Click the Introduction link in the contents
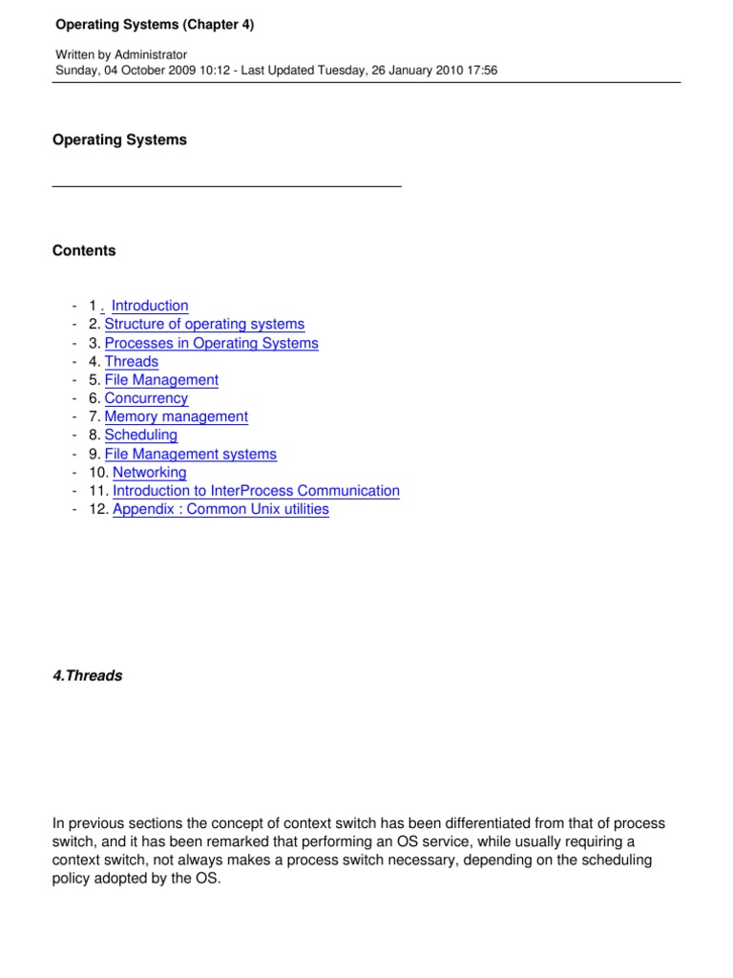click(150, 306)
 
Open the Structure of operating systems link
click(204, 325)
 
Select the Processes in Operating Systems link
click(211, 343)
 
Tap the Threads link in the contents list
click(132, 361)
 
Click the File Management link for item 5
click(161, 380)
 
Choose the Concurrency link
click(146, 398)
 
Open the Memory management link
click(176, 416)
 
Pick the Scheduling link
click(140, 436)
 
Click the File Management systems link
click(190, 455)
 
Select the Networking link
click(150, 473)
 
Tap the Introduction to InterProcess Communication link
click(256, 491)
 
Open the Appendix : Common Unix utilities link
click(220, 509)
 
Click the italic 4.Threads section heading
click(87, 676)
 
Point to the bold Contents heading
click(84, 251)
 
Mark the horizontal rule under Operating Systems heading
click(226, 186)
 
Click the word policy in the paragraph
click(72, 879)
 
